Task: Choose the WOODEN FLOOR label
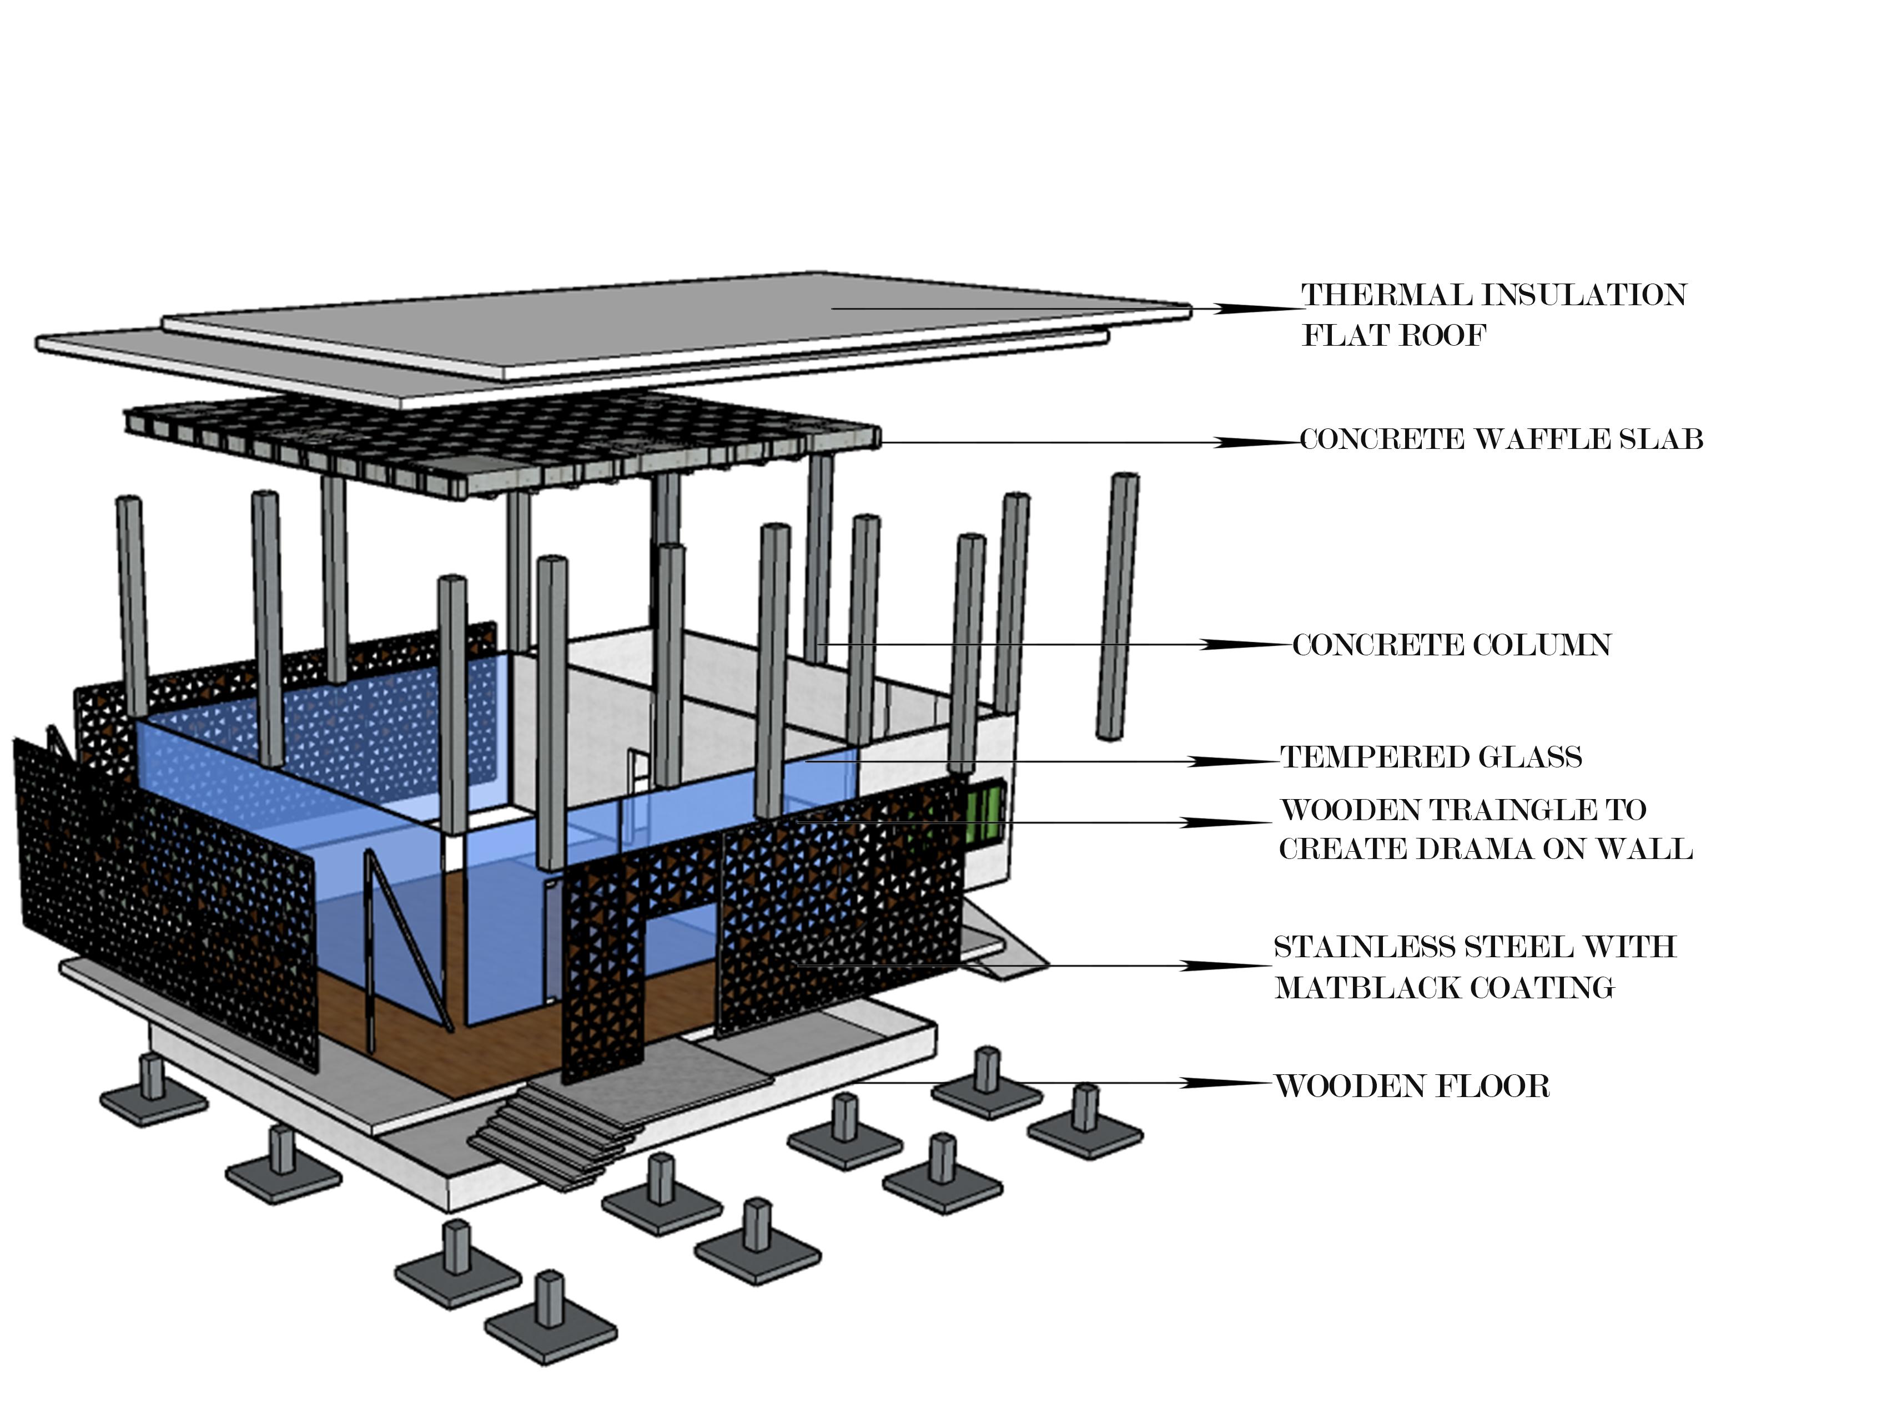(1412, 1087)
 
